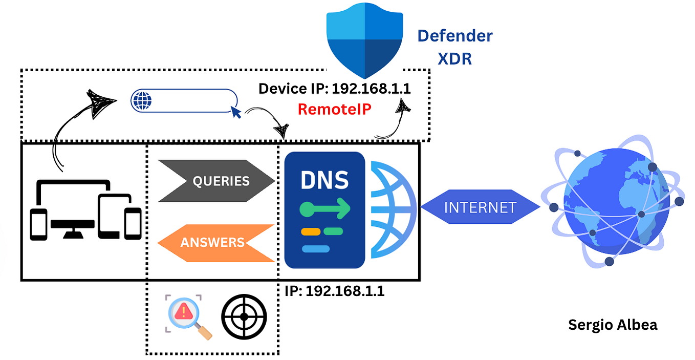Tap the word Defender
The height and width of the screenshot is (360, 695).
(454, 36)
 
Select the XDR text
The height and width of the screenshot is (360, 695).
(454, 58)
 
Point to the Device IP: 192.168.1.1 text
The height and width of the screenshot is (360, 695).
(335, 89)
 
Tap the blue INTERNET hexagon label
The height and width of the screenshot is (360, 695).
(480, 207)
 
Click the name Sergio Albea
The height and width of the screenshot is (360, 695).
(613, 325)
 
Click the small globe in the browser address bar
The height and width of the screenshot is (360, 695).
(142, 100)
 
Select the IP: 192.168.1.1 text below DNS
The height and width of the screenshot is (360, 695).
(334, 291)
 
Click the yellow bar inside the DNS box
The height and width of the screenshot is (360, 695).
(310, 231)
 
